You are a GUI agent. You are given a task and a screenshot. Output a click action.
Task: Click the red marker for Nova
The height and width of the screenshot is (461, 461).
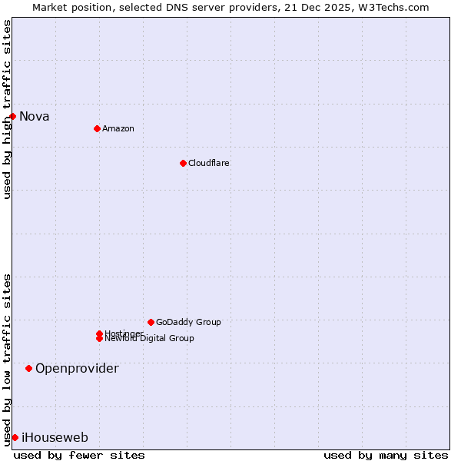tap(13, 116)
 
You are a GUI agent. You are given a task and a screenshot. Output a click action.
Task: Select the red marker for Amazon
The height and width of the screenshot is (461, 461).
tap(97, 128)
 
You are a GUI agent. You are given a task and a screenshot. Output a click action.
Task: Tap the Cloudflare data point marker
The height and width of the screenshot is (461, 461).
tap(183, 163)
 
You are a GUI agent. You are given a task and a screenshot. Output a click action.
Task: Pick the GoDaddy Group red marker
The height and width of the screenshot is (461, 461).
tap(151, 322)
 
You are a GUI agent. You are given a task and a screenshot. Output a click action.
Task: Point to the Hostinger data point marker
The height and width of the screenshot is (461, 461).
tap(99, 333)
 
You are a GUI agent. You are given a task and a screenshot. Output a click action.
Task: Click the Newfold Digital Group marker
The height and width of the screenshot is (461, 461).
tap(99, 339)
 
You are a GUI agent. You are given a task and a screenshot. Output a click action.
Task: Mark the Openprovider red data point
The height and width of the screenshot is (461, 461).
tap(29, 369)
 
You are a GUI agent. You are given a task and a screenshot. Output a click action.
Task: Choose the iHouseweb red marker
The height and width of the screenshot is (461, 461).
tap(15, 437)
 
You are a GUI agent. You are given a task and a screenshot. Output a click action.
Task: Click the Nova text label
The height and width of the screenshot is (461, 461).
tap(35, 117)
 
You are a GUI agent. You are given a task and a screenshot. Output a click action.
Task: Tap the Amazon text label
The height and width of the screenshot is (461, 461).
tap(118, 128)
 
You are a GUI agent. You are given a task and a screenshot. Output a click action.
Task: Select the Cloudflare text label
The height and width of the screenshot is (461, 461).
tap(208, 163)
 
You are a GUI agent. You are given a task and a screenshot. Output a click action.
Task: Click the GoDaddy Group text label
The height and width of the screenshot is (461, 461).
tap(188, 322)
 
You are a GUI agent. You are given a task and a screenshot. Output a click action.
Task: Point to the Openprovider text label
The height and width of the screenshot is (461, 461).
tap(77, 369)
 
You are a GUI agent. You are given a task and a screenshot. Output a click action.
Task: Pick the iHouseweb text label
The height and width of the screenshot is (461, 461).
tap(55, 438)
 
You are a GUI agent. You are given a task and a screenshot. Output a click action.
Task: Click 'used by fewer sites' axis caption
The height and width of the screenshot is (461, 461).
tap(79, 455)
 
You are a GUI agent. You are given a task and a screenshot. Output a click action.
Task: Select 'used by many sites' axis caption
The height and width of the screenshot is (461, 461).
tap(386, 455)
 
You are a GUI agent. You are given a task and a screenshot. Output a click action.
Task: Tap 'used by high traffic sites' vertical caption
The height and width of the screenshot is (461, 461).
tap(8, 109)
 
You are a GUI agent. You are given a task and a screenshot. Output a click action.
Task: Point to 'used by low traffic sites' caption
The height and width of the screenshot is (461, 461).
tap(8, 359)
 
